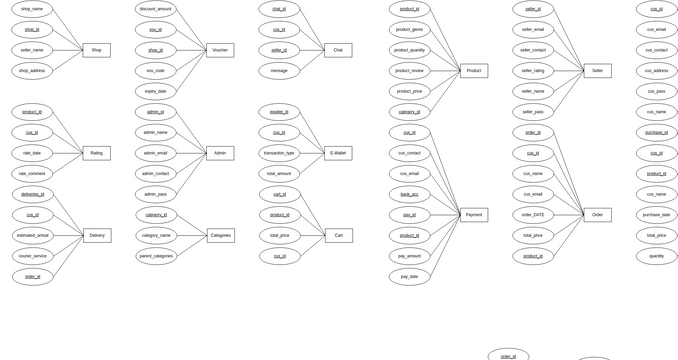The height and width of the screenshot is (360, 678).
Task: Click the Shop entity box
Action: tap(96, 50)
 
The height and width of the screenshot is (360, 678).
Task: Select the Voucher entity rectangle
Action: tap(220, 50)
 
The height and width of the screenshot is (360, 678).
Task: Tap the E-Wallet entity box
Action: tap(338, 153)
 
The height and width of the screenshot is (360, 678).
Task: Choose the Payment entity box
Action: tap(474, 215)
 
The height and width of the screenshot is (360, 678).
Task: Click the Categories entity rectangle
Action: tap(221, 236)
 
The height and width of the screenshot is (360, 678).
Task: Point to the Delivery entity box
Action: tap(97, 236)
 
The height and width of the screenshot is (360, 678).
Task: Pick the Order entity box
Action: tap(597, 215)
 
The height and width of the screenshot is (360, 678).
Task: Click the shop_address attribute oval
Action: tap(33, 71)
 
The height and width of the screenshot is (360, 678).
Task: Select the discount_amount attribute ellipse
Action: tap(156, 9)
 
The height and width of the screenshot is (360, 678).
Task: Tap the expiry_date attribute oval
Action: tap(156, 91)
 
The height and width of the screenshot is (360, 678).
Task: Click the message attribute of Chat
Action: tap(279, 71)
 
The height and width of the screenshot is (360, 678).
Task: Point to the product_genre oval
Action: tap(410, 30)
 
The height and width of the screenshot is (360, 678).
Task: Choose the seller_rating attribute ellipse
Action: tap(533, 71)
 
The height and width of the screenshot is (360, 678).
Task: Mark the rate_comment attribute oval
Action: tap(33, 173)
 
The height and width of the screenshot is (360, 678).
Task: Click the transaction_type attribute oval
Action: tap(279, 153)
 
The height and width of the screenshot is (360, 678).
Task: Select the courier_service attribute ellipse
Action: tap(33, 256)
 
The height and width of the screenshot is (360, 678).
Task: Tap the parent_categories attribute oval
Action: tap(156, 256)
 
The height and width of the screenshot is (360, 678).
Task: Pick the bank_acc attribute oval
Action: tap(410, 194)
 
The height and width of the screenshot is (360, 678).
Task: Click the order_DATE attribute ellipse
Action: tap(533, 214)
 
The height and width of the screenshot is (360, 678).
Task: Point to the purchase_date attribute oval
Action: tap(656, 214)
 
